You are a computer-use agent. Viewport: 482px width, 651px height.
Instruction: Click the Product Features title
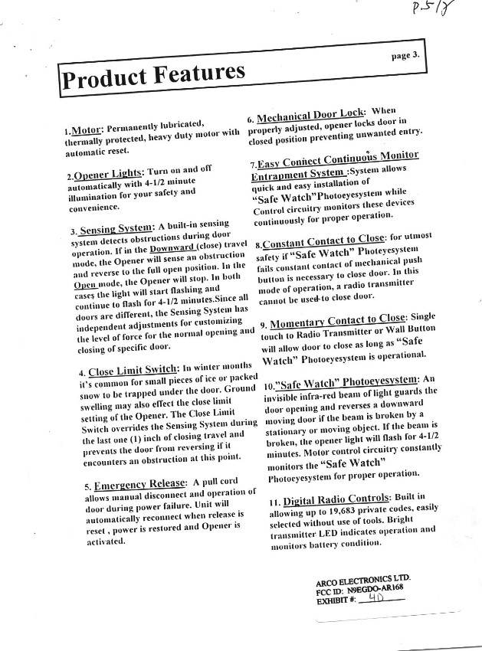154,75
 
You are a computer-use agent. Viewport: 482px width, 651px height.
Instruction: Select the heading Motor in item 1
86,131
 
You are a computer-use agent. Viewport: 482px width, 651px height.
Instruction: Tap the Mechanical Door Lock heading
310,116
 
